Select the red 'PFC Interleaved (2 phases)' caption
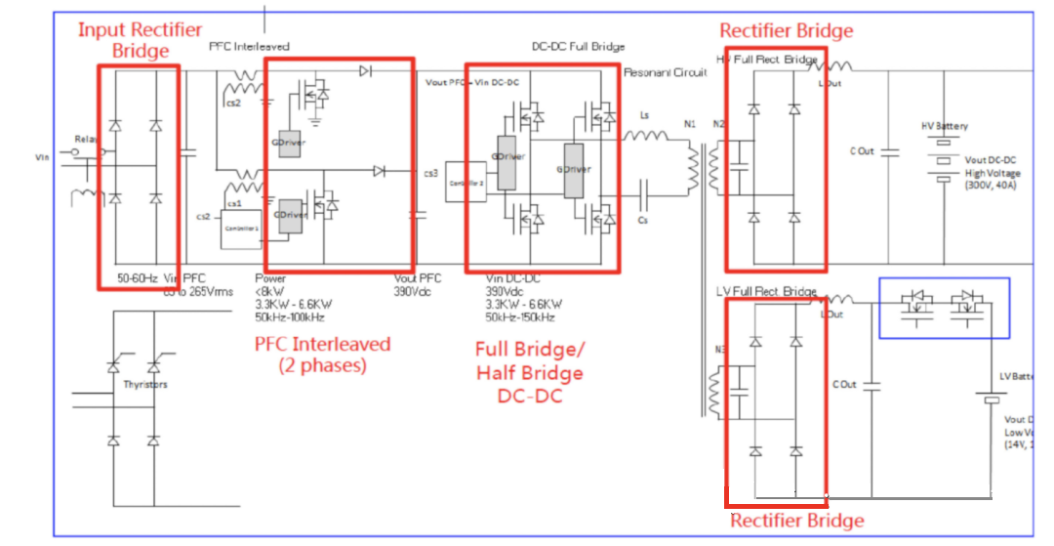[322, 355]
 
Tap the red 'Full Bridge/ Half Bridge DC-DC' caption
[529, 373]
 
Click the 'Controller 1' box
[239, 227]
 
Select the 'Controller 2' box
[462, 182]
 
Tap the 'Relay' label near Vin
[86, 141]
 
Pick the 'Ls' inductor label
[644, 115]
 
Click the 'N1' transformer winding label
[690, 124]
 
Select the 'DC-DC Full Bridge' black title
[578, 47]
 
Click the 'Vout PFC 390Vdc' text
[418, 284]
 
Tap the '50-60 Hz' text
[138, 277]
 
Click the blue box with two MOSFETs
[944, 308]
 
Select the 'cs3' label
[430, 174]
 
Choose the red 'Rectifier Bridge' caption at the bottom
[796, 521]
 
